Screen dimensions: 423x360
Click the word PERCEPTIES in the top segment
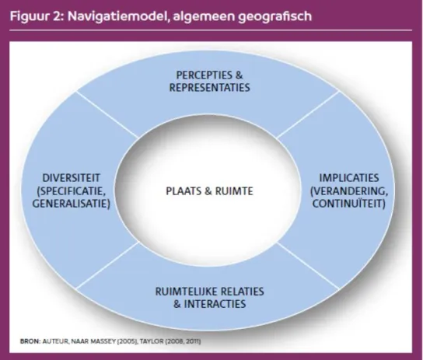tap(205, 75)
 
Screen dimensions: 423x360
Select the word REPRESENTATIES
tap(210, 88)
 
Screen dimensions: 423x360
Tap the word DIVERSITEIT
tap(72, 178)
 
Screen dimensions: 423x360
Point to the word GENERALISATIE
tap(72, 204)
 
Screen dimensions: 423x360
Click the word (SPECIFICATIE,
tap(71, 191)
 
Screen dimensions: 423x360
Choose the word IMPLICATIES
tap(349, 178)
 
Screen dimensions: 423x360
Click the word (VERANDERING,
tap(349, 191)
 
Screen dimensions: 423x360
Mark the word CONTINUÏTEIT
tap(349, 203)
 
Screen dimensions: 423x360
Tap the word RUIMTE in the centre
tap(234, 191)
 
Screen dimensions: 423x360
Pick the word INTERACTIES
tap(215, 304)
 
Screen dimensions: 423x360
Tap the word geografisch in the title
tap(275, 16)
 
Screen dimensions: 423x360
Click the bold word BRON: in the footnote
tap(30, 341)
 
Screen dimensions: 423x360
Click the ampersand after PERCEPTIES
tap(239, 75)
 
